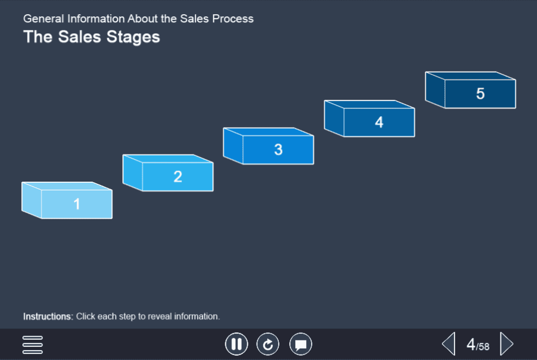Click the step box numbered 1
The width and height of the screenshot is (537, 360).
pos(67,200)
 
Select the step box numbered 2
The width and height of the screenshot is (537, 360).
pos(168,173)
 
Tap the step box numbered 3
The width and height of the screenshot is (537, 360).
pos(268,146)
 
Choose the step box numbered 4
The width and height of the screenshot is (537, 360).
pos(369,118)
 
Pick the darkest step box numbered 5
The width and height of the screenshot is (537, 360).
pos(470,90)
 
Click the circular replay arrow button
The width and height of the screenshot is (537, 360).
pos(268,344)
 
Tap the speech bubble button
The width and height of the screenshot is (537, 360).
pos(301,344)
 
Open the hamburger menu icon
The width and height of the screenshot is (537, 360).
pos(33,345)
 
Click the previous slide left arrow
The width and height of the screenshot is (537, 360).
pos(449,344)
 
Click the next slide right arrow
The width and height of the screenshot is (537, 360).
pos(507,344)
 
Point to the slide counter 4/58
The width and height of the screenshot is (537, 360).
pos(478,345)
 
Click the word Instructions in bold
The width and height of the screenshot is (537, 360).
pos(48,316)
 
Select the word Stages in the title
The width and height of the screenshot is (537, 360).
pos(133,37)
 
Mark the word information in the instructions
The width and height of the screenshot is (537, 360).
pos(197,316)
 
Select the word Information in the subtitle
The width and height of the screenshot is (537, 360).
pos(96,19)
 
